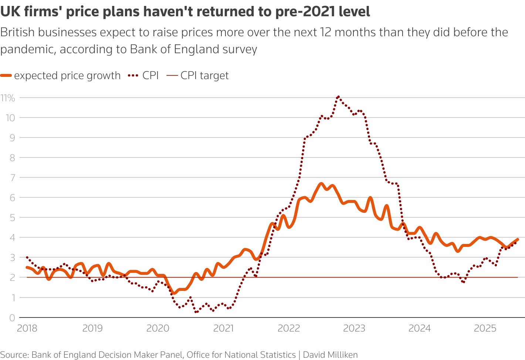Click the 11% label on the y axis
(x=8, y=98)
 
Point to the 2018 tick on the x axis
(x=27, y=328)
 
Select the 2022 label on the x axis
(x=289, y=328)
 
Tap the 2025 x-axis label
(x=485, y=328)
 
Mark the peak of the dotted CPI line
(x=338, y=96)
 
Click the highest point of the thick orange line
(x=321, y=184)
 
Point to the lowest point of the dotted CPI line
(x=196, y=312)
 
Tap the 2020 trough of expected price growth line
(x=173, y=293)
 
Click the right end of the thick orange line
(x=518, y=240)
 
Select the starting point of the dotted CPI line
(x=27, y=257)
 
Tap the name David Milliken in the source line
(x=330, y=355)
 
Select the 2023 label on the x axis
(x=354, y=328)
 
